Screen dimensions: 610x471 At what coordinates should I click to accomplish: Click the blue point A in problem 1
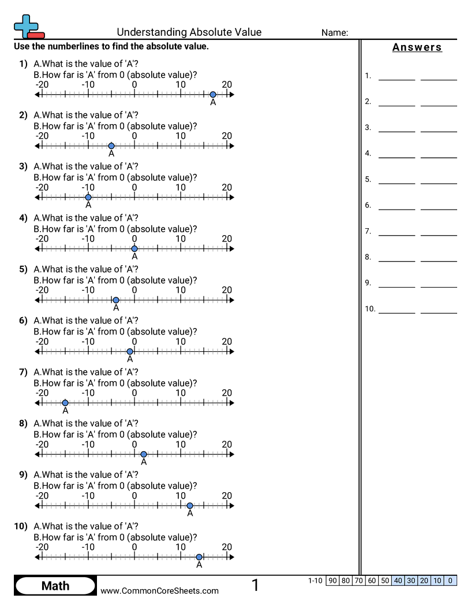point(213,95)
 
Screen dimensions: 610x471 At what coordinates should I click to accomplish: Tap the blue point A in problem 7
point(65,403)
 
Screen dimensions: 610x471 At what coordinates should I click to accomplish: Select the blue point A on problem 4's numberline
point(134,249)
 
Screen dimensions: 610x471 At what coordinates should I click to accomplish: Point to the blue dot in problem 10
point(199,557)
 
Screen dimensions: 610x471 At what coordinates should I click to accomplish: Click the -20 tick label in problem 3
point(42,187)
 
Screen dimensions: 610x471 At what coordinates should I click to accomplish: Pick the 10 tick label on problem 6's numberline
point(181,341)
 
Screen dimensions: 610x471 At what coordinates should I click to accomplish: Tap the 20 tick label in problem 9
point(227,496)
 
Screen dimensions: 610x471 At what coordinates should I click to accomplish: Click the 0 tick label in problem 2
point(134,136)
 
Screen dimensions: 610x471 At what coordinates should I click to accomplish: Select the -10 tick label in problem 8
point(88,444)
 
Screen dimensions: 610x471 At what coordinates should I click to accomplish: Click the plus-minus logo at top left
point(28,27)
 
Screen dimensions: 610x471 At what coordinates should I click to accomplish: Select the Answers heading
point(417,47)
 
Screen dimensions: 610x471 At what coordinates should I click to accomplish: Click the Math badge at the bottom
point(55,586)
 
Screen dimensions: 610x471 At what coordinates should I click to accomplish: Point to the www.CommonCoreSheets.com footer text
point(160,590)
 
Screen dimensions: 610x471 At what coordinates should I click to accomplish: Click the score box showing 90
point(332,581)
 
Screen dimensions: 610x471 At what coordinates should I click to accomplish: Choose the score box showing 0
point(451,581)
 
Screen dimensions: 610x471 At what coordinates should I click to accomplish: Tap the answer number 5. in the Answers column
point(368,180)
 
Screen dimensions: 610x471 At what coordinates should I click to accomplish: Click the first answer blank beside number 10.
point(397,310)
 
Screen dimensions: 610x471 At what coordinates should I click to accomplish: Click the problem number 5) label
point(23,269)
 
